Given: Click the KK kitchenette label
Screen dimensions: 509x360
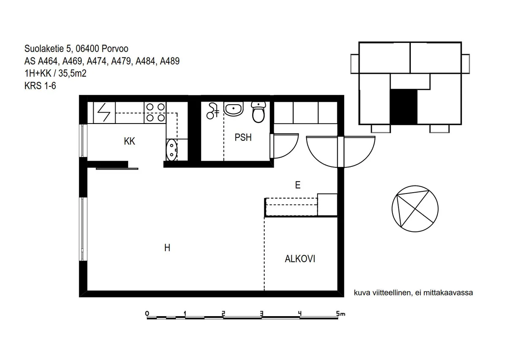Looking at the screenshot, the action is (x=129, y=141).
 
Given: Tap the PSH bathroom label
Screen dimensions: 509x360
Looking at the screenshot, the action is (x=243, y=137).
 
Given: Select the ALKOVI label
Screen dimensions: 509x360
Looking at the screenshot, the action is (x=300, y=259).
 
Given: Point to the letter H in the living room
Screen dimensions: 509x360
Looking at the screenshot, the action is (x=167, y=248).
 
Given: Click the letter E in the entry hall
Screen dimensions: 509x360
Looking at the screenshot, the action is (x=298, y=185).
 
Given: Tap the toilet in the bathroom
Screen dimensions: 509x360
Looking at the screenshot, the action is (x=259, y=112).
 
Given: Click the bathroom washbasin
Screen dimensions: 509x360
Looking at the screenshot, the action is (x=234, y=109).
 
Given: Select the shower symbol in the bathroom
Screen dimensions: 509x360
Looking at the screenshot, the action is (x=213, y=111).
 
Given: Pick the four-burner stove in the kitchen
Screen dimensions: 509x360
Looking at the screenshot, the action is (x=155, y=113).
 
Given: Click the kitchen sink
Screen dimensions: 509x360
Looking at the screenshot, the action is (x=172, y=150).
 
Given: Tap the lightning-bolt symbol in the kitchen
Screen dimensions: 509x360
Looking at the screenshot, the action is (x=104, y=112).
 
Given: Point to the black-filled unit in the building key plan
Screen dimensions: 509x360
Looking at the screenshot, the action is (x=404, y=107).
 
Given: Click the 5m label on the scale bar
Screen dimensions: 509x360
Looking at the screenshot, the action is (x=341, y=314).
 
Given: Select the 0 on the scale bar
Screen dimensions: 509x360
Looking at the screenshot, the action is (x=147, y=314).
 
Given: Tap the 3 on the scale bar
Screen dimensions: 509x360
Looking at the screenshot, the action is (x=261, y=314).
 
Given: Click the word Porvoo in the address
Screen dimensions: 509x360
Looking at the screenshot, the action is (x=115, y=48).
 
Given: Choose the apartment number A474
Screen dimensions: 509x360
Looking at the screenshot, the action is (x=97, y=61).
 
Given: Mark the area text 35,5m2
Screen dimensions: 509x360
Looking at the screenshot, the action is (x=73, y=73).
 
